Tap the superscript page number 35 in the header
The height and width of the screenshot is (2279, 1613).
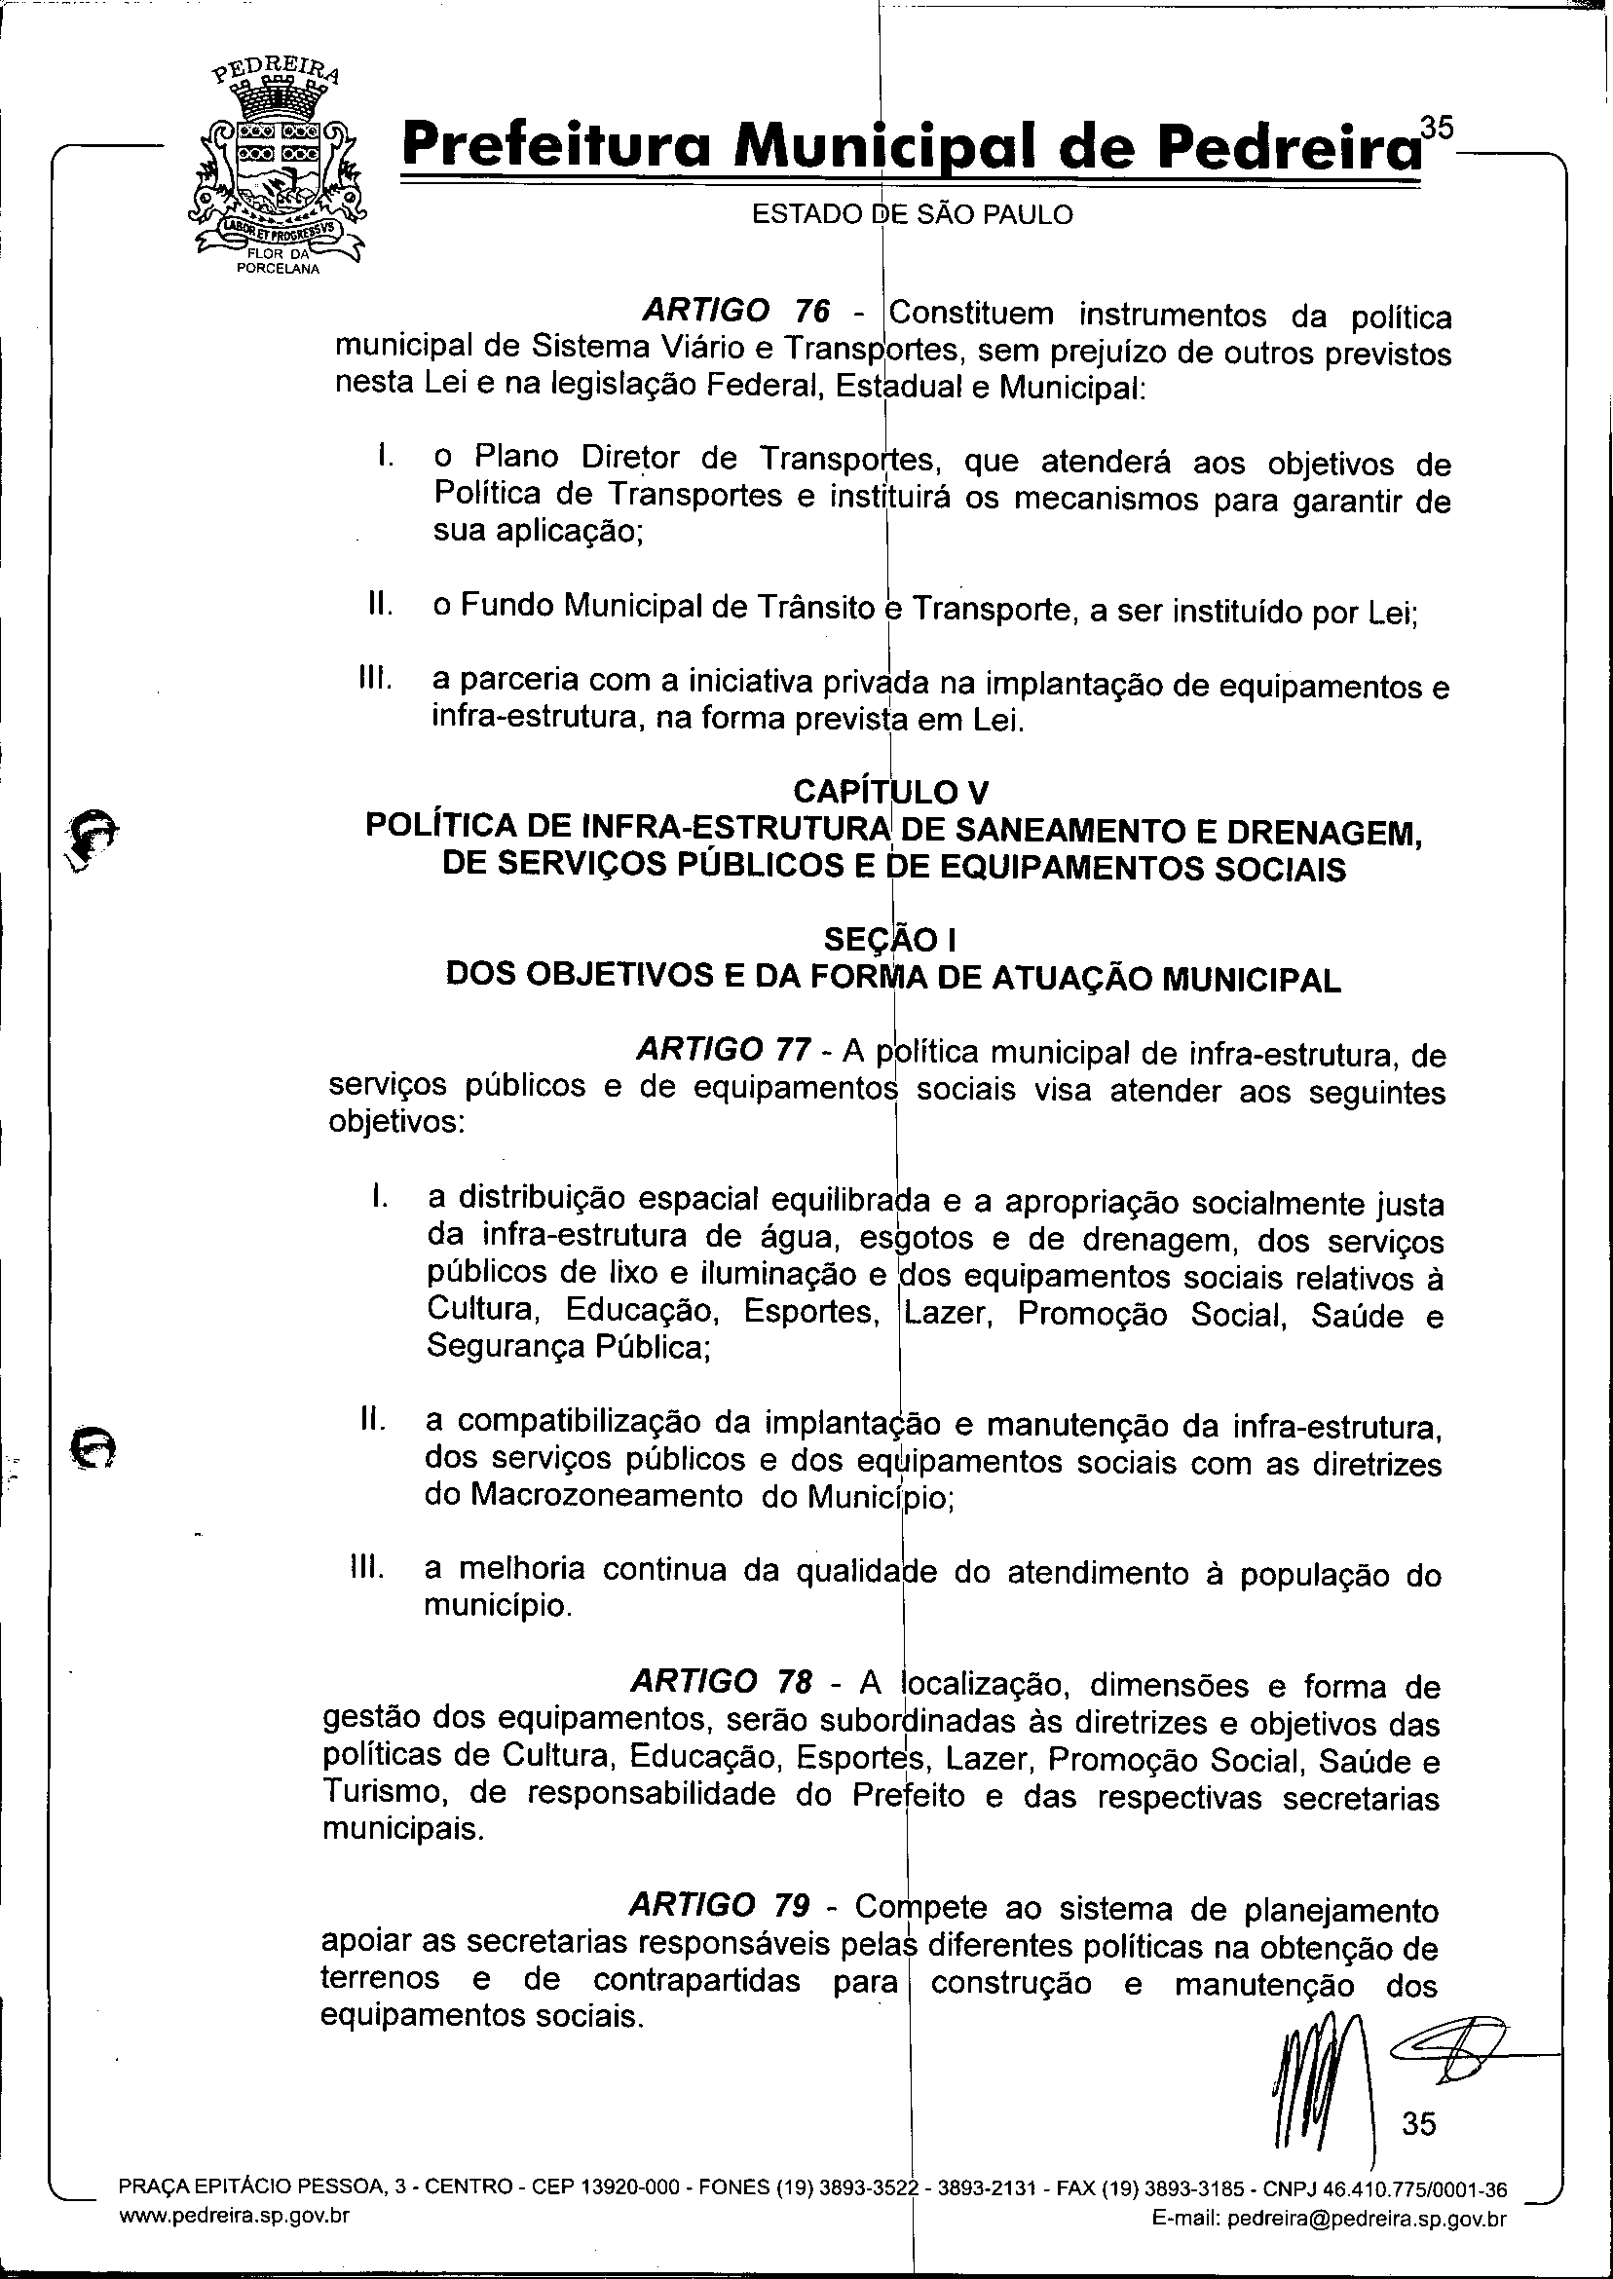coord(1436,129)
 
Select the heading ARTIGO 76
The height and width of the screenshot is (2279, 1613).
coord(736,312)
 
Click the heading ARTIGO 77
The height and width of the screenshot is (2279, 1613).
coord(725,1049)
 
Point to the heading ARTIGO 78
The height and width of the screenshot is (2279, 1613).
coord(722,1681)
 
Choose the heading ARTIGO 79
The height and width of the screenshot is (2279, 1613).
coord(720,1906)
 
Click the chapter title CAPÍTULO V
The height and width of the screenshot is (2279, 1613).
coord(891,792)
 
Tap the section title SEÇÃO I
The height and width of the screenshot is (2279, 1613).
coord(892,938)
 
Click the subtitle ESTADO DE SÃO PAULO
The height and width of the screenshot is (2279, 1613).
coord(912,214)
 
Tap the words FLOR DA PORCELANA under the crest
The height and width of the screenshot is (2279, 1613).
coord(275,264)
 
